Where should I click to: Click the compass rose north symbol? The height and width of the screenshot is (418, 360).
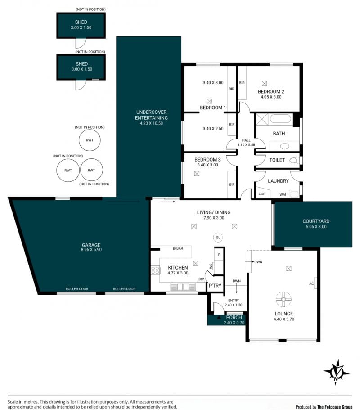coord(337,372)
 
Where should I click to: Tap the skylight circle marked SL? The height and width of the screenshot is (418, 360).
coord(218,237)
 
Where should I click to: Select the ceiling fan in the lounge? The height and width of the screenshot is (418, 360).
coord(283,299)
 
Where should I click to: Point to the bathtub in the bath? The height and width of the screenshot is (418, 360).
coord(281,119)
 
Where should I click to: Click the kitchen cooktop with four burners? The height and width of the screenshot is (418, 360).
coord(155,270)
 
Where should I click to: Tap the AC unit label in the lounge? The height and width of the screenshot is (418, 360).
coord(311,283)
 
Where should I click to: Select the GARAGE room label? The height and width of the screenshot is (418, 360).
coord(91,245)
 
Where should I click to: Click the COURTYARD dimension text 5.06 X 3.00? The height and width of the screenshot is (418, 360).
coord(316,227)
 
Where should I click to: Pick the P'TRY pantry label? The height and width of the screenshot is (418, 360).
coord(215,286)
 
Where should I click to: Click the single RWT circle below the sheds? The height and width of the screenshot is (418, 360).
coord(90,140)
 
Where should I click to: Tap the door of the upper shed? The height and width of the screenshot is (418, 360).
coord(81,43)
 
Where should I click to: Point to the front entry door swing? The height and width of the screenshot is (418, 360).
coord(219,308)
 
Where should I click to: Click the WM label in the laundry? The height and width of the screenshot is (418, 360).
coord(283,195)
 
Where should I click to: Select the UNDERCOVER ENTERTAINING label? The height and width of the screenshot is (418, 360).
coord(151,115)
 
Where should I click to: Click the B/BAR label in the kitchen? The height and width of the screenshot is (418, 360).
coord(178,248)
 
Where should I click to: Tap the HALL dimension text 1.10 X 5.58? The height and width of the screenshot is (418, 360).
coord(246,145)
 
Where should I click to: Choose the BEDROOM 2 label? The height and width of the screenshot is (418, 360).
coord(271,91)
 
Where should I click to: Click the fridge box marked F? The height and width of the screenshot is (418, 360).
coord(219,254)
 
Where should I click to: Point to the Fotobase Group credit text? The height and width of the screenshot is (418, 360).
coord(324,407)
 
